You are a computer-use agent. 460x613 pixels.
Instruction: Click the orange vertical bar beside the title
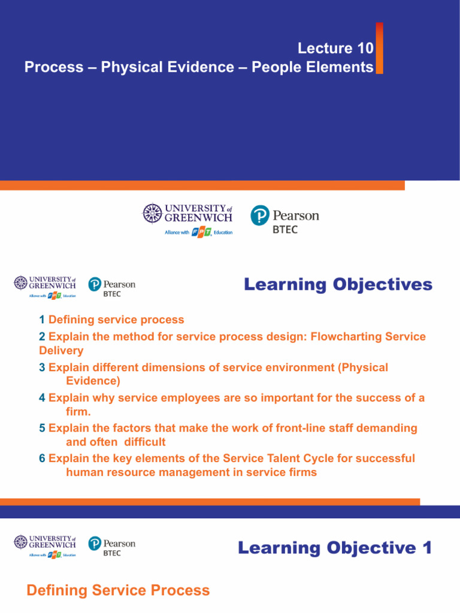point(379,48)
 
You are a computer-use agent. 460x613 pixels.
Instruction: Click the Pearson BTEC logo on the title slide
point(285,220)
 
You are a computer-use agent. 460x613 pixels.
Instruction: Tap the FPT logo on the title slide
point(202,232)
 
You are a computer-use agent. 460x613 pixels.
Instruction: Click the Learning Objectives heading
point(338,284)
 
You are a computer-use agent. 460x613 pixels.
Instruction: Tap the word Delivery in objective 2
point(61,350)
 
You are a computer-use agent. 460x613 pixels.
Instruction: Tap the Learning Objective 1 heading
point(335,548)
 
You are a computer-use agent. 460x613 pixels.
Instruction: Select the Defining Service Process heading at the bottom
point(118,591)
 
